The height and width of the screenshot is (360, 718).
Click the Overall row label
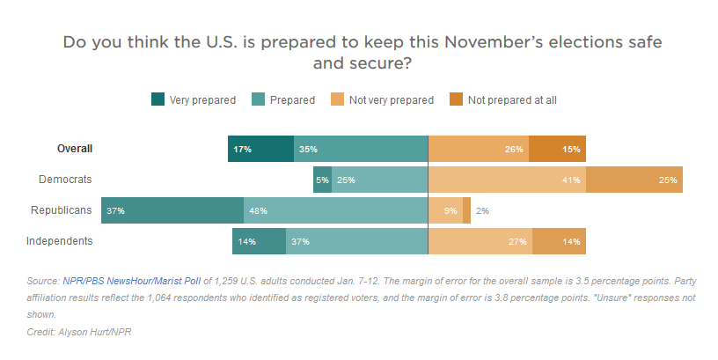[x=75, y=149]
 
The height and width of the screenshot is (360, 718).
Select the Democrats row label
[x=66, y=180]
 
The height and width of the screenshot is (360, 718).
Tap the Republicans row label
[x=62, y=210]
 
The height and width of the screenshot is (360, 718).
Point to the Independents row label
[x=60, y=240]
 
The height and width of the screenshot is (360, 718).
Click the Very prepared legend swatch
[x=158, y=99]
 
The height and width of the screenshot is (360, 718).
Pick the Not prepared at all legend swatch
[x=457, y=99]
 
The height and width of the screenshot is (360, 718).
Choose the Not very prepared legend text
[x=391, y=100]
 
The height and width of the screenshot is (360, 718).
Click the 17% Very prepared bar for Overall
[x=260, y=149]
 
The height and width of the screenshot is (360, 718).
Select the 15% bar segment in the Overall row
[x=557, y=149]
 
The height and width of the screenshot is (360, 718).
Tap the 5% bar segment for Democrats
[x=322, y=180]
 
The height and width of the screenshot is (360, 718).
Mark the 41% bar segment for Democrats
[x=507, y=180]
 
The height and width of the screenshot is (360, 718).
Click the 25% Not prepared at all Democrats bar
[x=634, y=180]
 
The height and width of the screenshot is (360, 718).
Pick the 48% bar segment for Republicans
[x=335, y=210]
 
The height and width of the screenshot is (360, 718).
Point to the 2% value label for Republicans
[x=481, y=211]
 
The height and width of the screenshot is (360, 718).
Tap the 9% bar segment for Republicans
[x=445, y=210]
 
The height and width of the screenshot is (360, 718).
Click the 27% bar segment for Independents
[x=480, y=240]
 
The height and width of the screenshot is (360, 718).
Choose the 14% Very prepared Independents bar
[x=259, y=240]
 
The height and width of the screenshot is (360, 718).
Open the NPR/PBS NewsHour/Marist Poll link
[x=132, y=281]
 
